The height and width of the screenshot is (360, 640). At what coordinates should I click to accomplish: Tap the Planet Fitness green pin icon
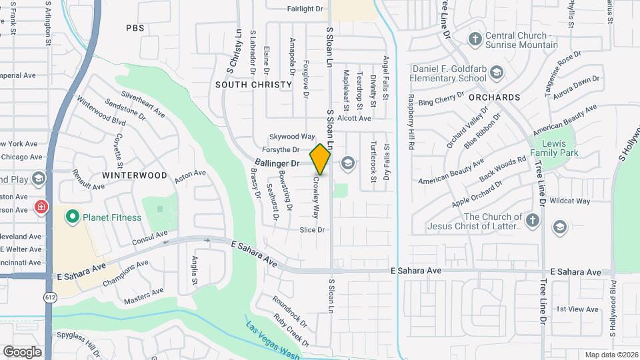pyautogui.click(x=72, y=217)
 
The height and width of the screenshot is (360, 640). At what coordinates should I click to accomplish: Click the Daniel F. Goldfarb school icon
pyautogui.click(x=496, y=71)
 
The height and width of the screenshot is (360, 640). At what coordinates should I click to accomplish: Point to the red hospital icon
pyautogui.click(x=41, y=207)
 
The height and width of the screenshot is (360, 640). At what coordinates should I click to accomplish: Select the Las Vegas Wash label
pyautogui.click(x=272, y=340)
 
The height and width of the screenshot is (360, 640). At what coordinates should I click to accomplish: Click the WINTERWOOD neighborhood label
pyautogui.click(x=135, y=175)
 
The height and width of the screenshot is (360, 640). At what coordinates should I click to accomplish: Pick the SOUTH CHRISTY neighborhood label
pyautogui.click(x=253, y=85)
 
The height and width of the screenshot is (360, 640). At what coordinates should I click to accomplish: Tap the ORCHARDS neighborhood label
pyautogui.click(x=494, y=97)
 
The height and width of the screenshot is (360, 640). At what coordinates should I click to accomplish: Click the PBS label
pyautogui.click(x=135, y=28)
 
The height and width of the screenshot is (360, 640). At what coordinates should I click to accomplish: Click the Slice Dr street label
pyautogui.click(x=312, y=230)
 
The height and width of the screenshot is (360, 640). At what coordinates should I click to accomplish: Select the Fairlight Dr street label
pyautogui.click(x=305, y=9)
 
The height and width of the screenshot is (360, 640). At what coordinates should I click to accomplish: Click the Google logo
pyautogui.click(x=23, y=351)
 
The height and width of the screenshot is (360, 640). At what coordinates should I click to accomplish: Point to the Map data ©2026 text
pyautogui.click(x=611, y=355)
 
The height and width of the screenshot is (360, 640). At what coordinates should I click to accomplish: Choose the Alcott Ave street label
pyautogui.click(x=354, y=119)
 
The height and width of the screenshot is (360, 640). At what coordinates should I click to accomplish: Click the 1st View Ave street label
pyautogui.click(x=577, y=309)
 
